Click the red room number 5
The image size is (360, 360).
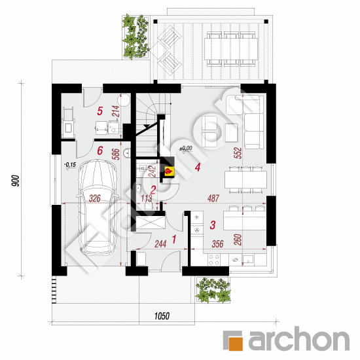click(99, 111)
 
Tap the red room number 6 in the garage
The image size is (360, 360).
click(100, 151)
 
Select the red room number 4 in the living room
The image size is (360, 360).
click(198, 167)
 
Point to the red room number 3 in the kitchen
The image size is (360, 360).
click(213, 225)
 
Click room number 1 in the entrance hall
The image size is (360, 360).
click(174, 239)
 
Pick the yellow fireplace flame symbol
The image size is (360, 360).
click(170, 171)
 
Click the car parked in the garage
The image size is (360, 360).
click(98, 207)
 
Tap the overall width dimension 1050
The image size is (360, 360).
click(162, 316)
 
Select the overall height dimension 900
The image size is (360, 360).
click(16, 181)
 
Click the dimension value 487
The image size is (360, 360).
click(213, 198)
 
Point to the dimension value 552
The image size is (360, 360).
click(238, 153)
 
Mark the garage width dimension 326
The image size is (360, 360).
click(95, 198)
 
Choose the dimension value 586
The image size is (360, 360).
click(116, 154)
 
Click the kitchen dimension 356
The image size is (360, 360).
click(217, 244)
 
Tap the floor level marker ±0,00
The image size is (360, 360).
click(186, 149)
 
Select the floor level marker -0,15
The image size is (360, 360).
click(70, 164)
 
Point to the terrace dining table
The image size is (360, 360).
click(231, 49)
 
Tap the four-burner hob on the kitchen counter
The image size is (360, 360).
click(214, 260)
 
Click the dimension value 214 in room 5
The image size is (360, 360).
click(116, 111)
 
